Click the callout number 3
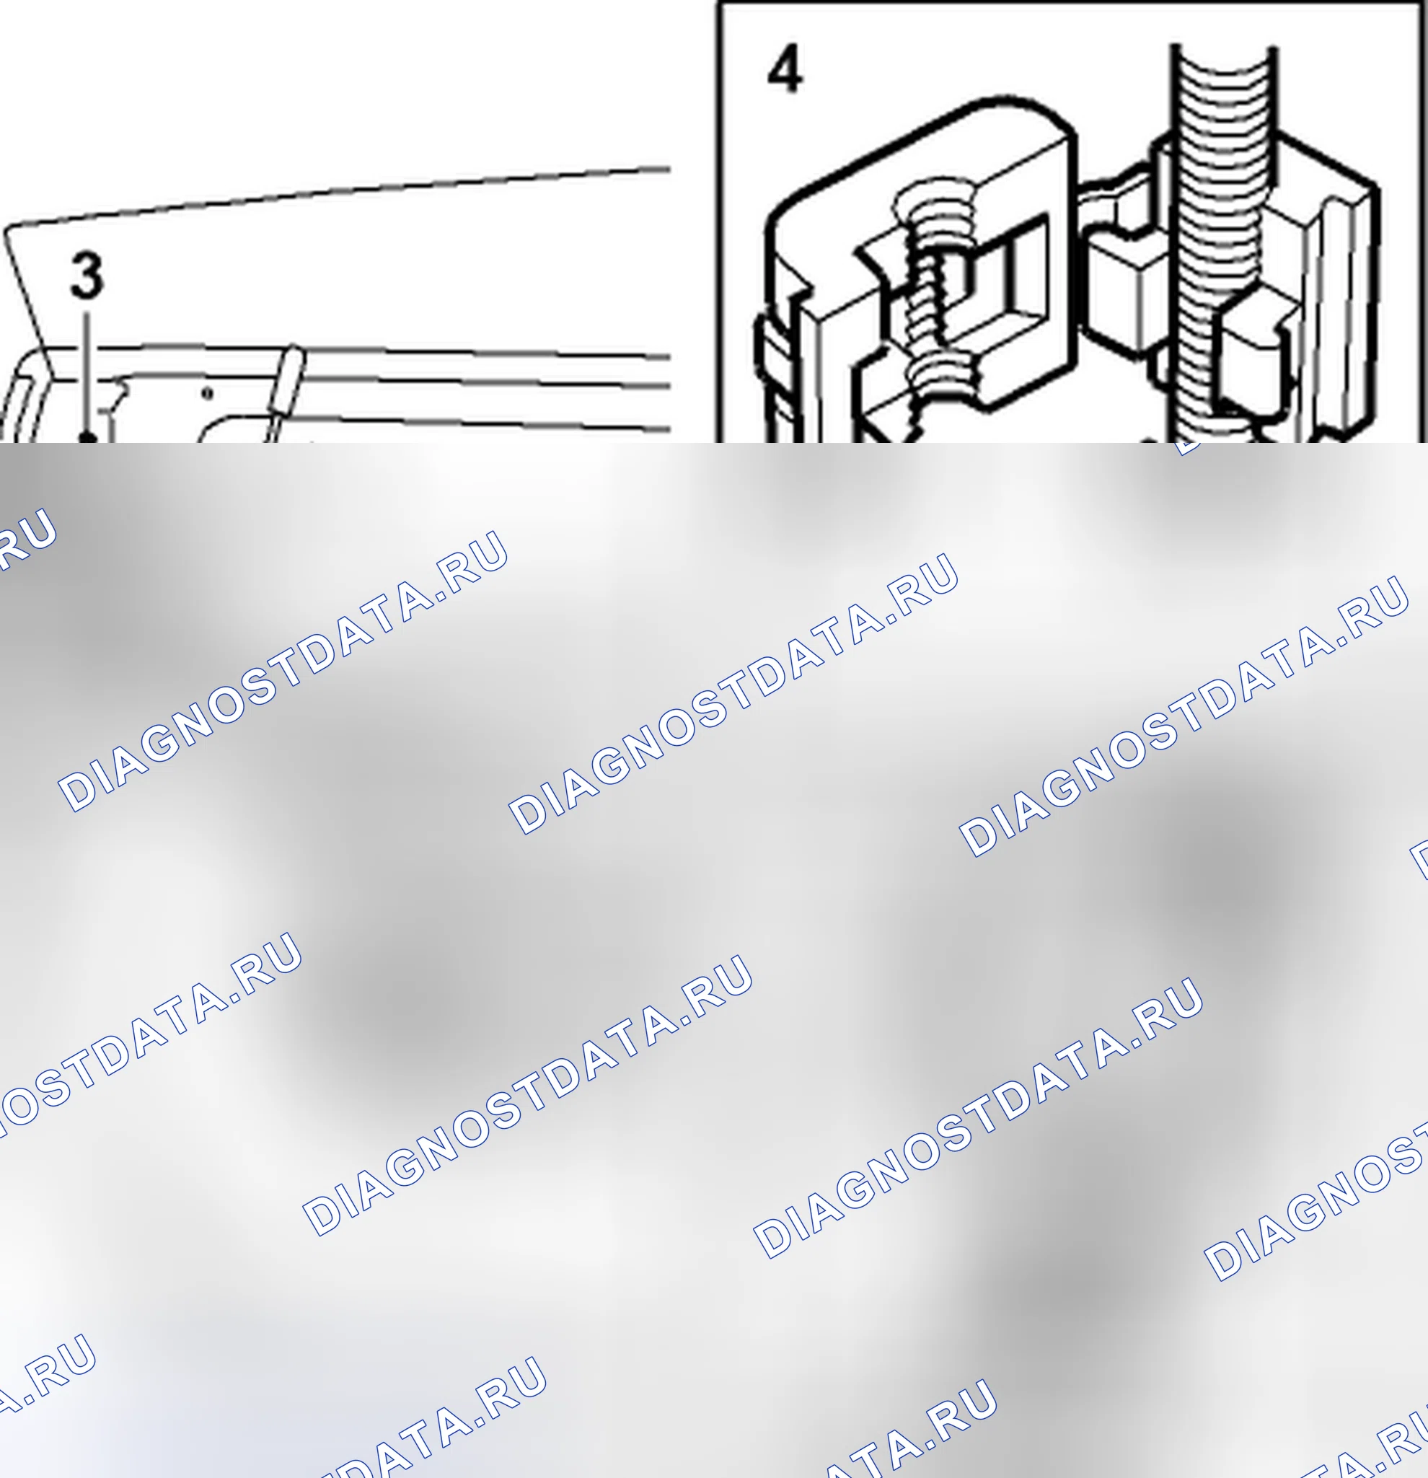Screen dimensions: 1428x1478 click(x=87, y=276)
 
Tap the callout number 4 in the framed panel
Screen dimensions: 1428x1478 click(x=785, y=69)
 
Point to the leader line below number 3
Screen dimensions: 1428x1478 click(x=87, y=372)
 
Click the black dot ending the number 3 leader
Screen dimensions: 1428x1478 click(x=88, y=436)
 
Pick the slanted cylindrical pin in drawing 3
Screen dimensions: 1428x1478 click(x=286, y=392)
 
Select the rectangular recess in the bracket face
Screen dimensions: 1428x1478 click(x=1002, y=271)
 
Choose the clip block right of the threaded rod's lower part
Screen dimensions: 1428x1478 click(x=1256, y=354)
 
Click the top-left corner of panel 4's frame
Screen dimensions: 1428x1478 click(x=717, y=2)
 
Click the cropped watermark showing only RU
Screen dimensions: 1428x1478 click(x=27, y=537)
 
